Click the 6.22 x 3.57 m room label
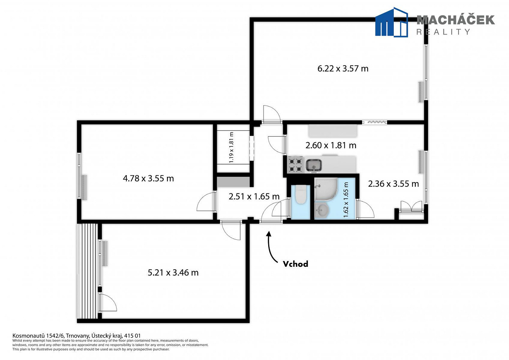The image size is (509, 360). tap(343, 68)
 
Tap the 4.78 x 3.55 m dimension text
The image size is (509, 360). tap(148, 179)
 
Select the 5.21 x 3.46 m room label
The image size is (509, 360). tap(173, 273)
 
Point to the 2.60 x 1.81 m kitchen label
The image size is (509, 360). tap(330, 145)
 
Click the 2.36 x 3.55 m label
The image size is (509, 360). tap(393, 184)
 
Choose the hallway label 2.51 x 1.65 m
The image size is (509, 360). tap(254, 196)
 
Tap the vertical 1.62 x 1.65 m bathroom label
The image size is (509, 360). tap(346, 200)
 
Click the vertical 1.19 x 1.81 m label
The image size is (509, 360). tap(231, 147)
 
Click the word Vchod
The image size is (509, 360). tap(296, 264)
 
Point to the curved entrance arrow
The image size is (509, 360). tap(270, 249)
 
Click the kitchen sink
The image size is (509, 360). tap(314, 165)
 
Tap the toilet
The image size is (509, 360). tap(301, 194)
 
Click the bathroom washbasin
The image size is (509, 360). tap(322, 210)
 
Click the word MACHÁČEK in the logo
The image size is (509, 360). tap(455, 20)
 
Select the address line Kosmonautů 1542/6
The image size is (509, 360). tap(77, 336)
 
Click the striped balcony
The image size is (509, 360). tap(87, 271)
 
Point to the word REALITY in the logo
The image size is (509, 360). tap(443, 32)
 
